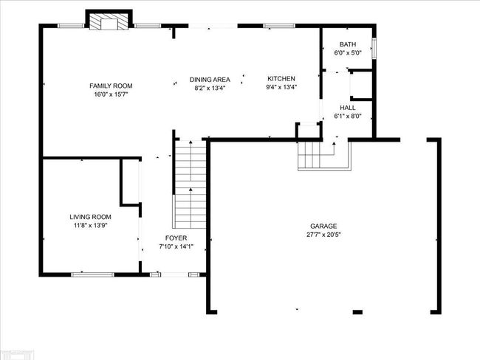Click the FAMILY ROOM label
[111, 86]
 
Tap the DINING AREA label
[210, 80]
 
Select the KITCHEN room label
[281, 79]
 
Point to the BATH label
[348, 44]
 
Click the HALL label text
[348, 108]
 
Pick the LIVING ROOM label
[90, 217]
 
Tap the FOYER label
[176, 238]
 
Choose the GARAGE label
[323, 226]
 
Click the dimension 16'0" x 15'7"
[111, 94]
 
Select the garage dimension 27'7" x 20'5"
[323, 235]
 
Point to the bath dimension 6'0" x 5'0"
[348, 53]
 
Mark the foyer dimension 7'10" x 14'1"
[176, 246]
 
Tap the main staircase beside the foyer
[191, 184]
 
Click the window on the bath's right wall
[374, 49]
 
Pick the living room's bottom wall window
[92, 274]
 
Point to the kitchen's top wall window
[279, 26]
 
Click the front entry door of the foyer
[174, 274]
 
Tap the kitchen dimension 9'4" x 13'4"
[281, 87]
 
